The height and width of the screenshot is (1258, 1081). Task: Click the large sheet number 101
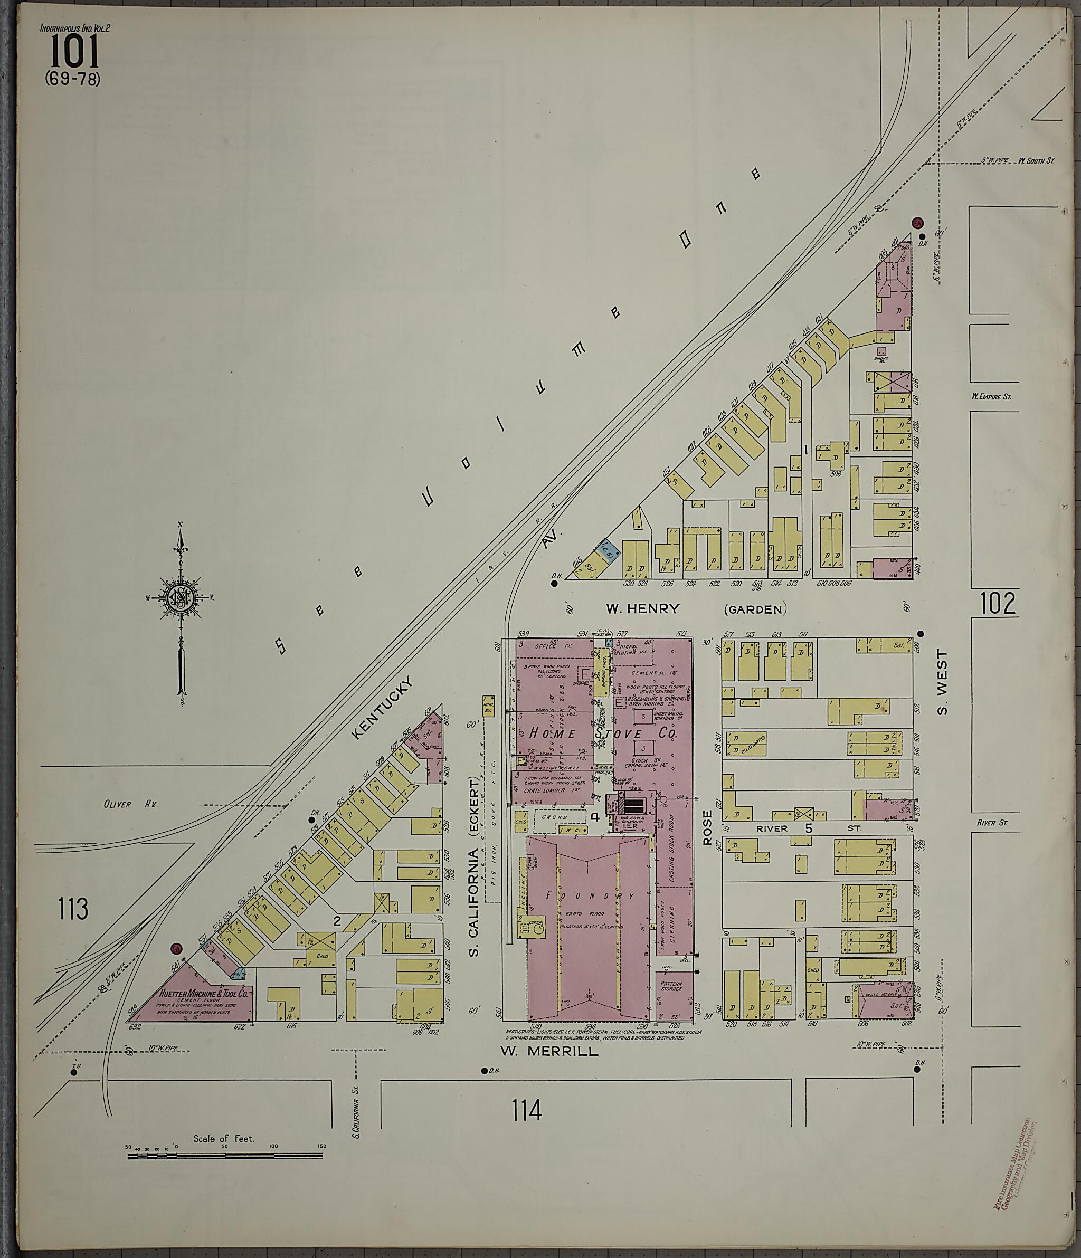[x=73, y=51]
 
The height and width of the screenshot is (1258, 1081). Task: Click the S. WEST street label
[x=942, y=682]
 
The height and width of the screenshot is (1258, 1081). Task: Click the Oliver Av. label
[x=130, y=805]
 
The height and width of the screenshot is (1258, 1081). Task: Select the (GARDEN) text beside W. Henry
[x=755, y=609]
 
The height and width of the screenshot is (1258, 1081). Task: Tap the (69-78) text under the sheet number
[x=72, y=79]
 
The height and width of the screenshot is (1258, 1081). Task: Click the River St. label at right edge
[x=992, y=823]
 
